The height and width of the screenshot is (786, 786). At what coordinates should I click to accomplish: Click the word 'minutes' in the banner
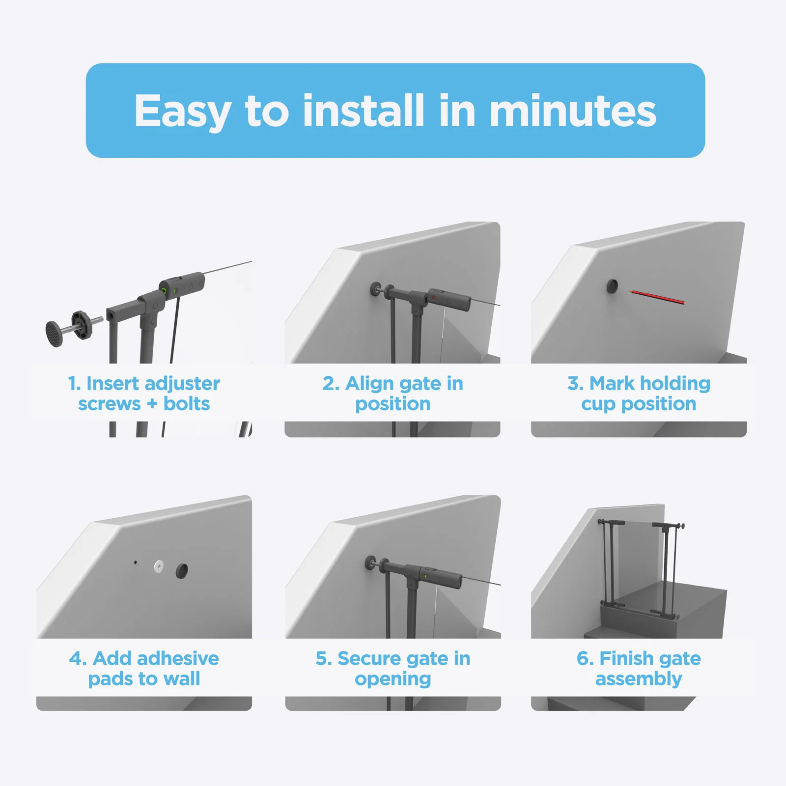pyautogui.click(x=572, y=111)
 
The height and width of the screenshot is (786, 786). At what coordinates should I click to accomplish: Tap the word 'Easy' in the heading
pyautogui.click(x=182, y=112)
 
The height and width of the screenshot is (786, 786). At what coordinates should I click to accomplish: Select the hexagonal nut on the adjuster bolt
pyautogui.click(x=82, y=325)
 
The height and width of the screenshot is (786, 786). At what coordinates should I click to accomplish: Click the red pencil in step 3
pyautogui.click(x=657, y=297)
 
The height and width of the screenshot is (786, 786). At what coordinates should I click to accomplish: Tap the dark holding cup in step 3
pyautogui.click(x=612, y=286)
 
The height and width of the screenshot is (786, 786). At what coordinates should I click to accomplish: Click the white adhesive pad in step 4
pyautogui.click(x=159, y=566)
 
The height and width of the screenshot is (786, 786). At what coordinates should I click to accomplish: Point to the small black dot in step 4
pyautogui.click(x=136, y=562)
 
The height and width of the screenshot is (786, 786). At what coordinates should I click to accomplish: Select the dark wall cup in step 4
pyautogui.click(x=182, y=570)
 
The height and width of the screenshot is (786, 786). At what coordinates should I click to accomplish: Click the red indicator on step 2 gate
pyautogui.click(x=433, y=298)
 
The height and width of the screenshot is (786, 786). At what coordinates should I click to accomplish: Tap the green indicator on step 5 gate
pyautogui.click(x=425, y=575)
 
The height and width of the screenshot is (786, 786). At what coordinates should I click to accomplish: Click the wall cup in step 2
pyautogui.click(x=375, y=288)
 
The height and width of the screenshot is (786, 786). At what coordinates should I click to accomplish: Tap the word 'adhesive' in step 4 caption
pyautogui.click(x=180, y=658)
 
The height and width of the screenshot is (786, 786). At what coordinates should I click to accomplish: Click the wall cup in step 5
pyautogui.click(x=370, y=563)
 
